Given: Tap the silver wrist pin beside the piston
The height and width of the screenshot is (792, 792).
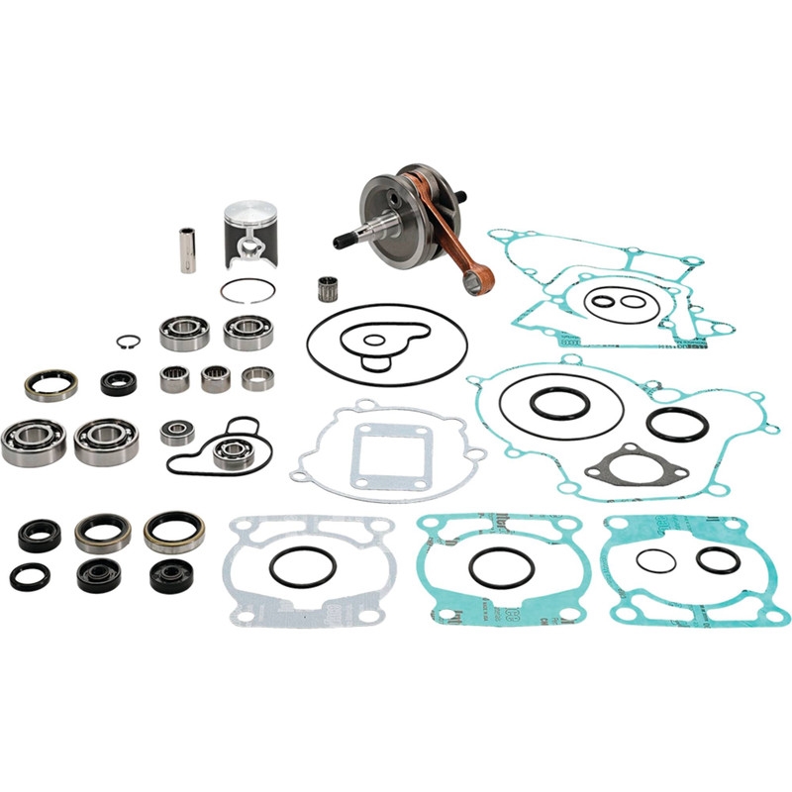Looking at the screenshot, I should pos(185,250).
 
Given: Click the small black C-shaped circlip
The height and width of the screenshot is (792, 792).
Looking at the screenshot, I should pos(128,342).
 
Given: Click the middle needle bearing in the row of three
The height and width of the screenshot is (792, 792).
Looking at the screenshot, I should pos(216,377).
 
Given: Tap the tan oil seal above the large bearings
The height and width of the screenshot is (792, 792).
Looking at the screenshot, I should pos(51,385).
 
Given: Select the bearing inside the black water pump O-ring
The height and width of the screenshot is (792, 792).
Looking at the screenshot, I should pos(234,451).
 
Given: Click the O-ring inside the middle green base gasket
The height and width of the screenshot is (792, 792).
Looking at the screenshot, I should pos(502,567).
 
